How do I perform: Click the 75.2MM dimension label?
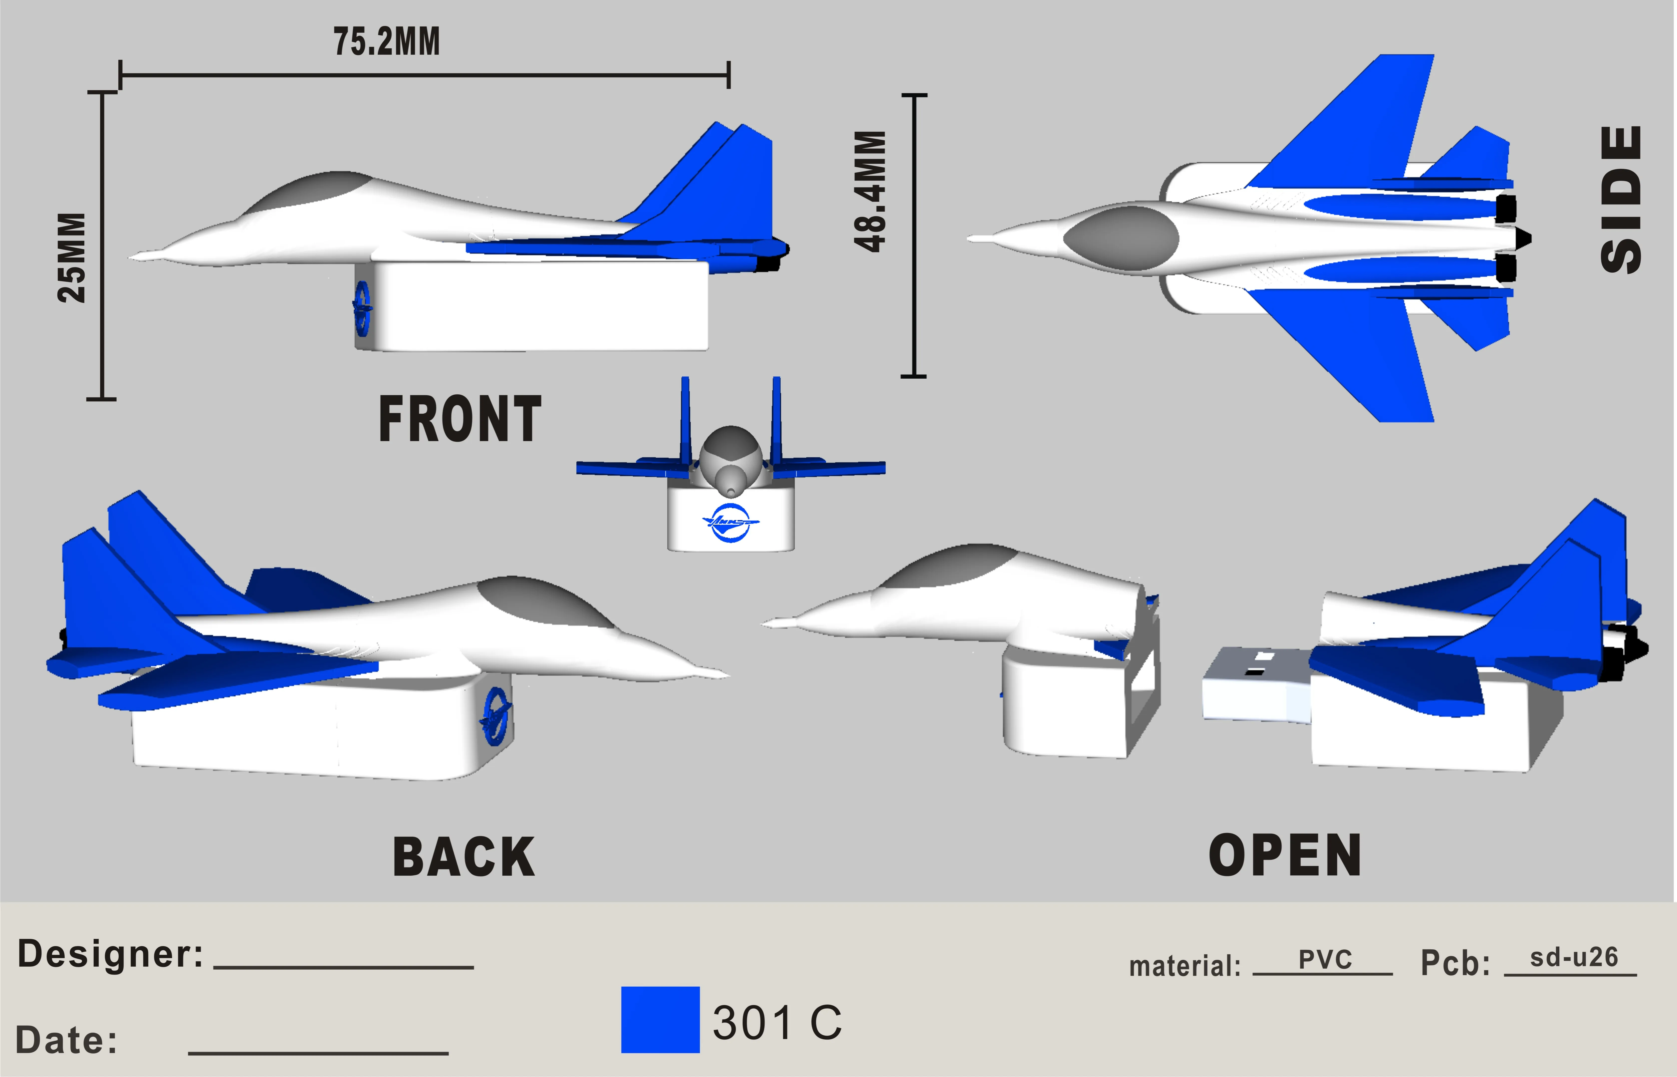[387, 42]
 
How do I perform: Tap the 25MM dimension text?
[72, 257]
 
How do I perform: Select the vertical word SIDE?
[1621, 199]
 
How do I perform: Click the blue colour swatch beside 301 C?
[660, 1020]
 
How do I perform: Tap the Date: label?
[66, 1040]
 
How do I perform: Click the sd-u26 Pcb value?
[1574, 957]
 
